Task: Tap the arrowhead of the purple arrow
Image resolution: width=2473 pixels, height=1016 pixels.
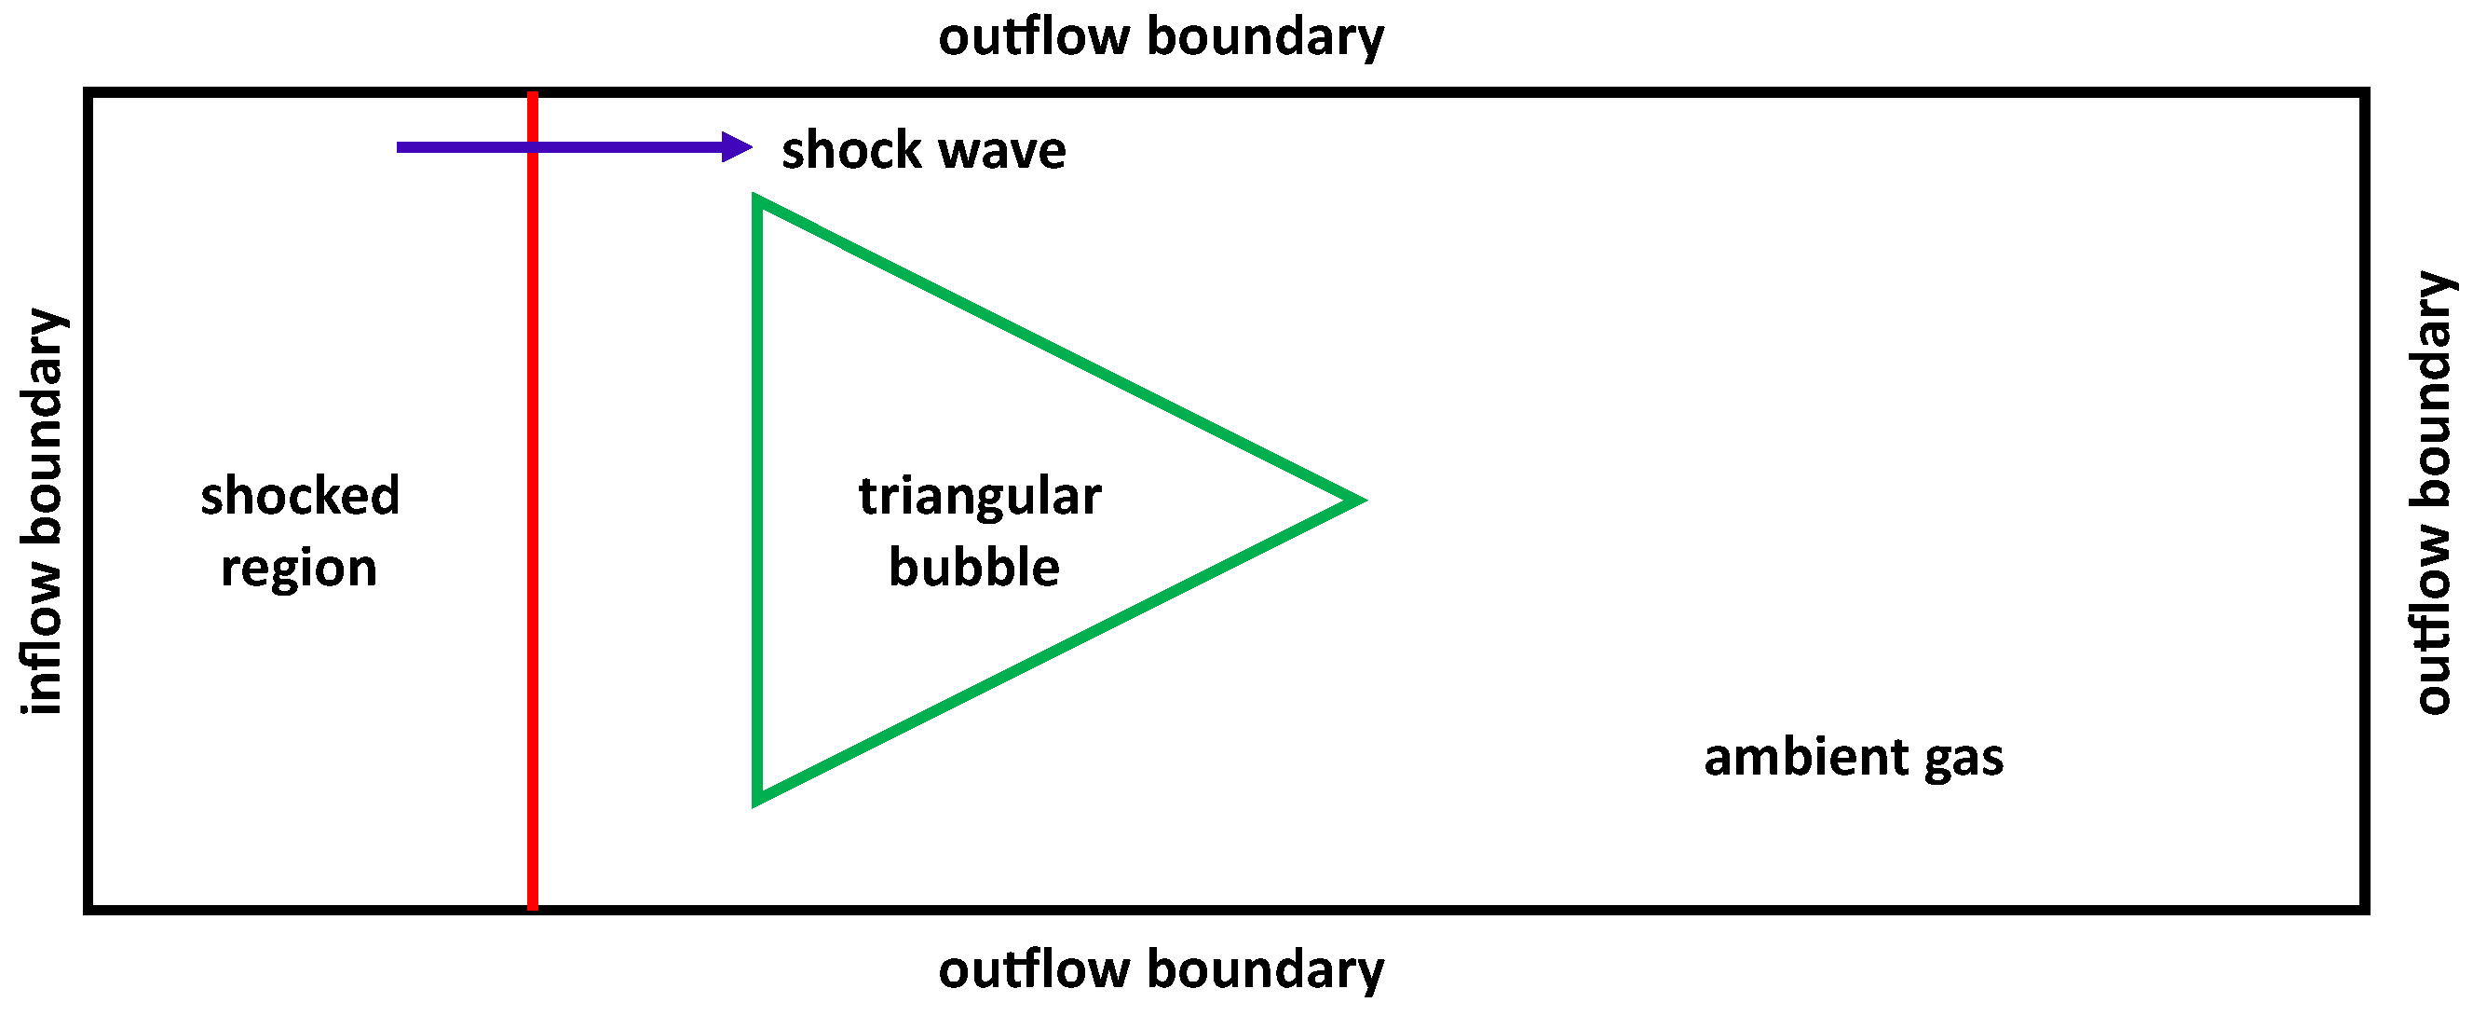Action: pos(739,147)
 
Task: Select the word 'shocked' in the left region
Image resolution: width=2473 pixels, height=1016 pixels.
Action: pos(300,496)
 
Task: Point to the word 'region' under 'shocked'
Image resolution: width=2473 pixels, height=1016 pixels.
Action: pos(299,568)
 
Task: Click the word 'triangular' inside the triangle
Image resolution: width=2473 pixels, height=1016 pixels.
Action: pos(979,497)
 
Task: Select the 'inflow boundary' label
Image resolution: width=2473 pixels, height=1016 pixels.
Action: pos(42,511)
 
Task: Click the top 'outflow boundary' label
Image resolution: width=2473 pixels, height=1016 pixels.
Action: pos(1161,36)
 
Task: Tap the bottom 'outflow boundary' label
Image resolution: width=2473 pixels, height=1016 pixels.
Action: pos(1161,969)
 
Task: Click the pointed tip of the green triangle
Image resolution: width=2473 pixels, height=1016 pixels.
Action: pos(1359,500)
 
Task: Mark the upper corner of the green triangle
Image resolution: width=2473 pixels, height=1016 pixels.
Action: pos(759,201)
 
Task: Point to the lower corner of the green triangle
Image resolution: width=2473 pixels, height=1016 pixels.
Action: pos(759,798)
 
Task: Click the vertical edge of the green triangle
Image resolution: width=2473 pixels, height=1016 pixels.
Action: pos(757,500)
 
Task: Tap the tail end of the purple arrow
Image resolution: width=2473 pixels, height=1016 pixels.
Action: pos(400,147)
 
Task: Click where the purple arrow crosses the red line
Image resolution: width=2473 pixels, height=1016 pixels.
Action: pos(533,147)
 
